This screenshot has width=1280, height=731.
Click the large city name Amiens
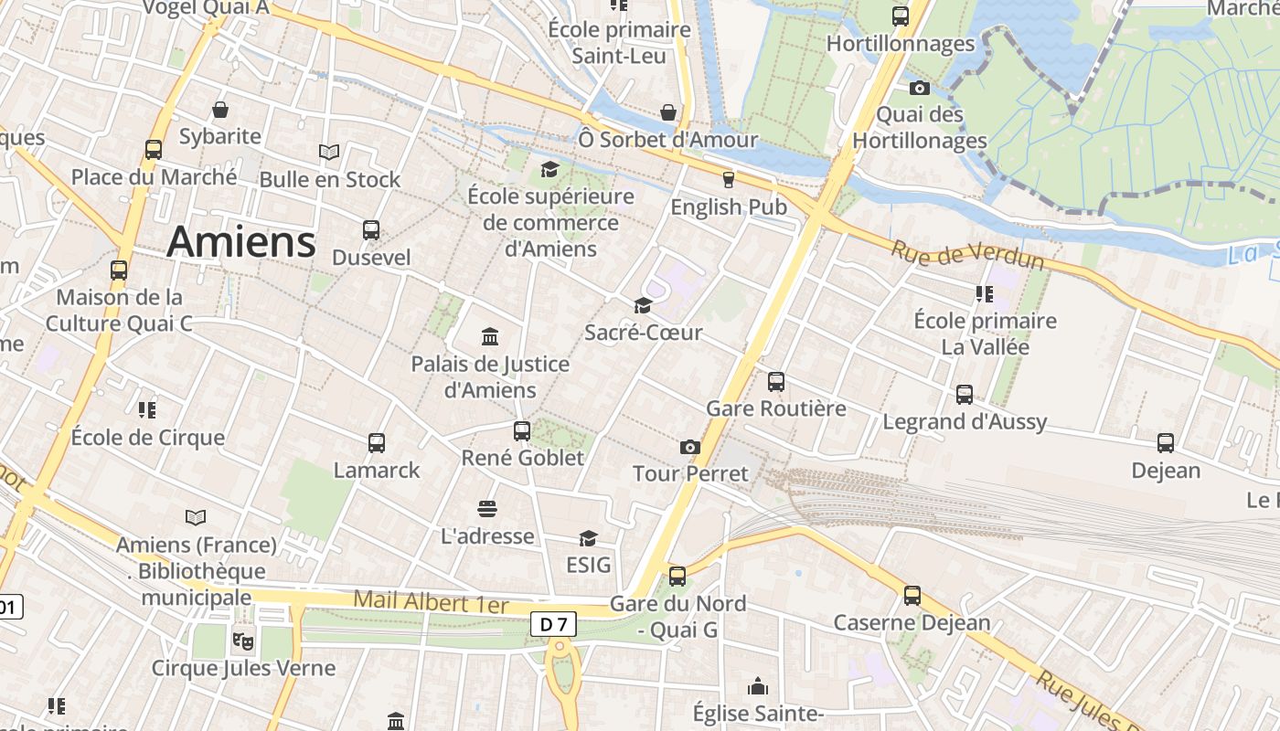point(241,242)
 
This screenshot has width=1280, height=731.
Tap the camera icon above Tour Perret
point(690,447)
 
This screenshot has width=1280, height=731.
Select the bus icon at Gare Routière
point(776,382)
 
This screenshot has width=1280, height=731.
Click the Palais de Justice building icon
point(490,337)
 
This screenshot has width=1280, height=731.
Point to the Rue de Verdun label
point(967,255)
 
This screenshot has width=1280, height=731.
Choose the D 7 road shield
point(553,625)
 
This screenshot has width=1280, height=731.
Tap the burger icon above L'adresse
point(487,509)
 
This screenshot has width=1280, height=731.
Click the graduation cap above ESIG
point(588,538)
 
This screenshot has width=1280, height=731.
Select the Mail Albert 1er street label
point(431,602)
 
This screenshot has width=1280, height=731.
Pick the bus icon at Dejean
point(1166,443)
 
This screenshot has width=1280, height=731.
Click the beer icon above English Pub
point(729,180)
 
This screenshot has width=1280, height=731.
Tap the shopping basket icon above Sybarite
point(220,110)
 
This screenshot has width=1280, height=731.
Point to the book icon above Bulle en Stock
point(329,152)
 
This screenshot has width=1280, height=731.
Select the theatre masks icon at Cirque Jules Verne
point(242,641)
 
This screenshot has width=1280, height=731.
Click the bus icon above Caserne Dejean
point(912,596)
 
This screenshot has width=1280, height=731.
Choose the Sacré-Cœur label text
point(644,333)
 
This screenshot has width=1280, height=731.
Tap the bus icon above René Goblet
point(522,430)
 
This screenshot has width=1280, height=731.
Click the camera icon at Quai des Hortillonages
point(920,88)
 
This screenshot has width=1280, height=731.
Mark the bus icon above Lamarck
point(377,443)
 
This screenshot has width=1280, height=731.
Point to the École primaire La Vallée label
point(986,334)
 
